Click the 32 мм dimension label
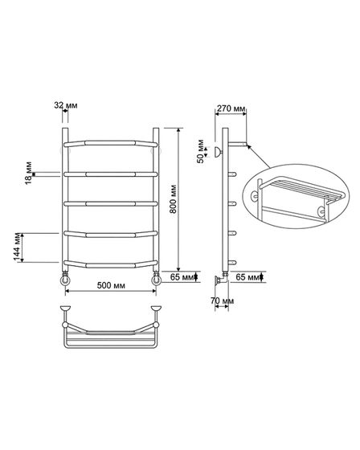tap(66, 105)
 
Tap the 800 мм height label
tap(173, 199)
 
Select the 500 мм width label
tap(111, 285)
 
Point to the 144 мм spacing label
tap(18, 247)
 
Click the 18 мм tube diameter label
tap(28, 173)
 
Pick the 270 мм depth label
tap(231, 108)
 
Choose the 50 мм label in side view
tap(200, 151)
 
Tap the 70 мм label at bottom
tap(222, 301)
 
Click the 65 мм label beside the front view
tap(182, 277)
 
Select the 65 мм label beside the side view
tap(247, 277)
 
